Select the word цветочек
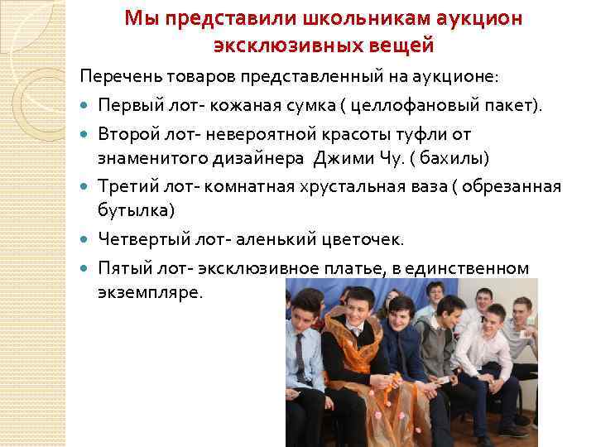363,240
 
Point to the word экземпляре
150,294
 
